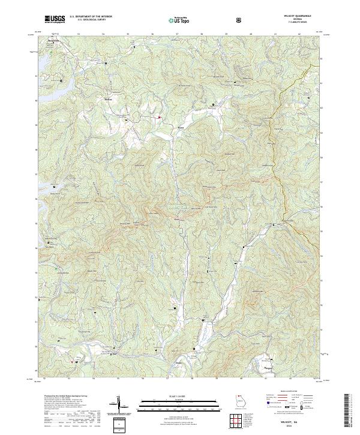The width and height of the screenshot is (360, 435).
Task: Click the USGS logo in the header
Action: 54,19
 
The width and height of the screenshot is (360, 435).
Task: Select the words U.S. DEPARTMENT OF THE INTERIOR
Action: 91,17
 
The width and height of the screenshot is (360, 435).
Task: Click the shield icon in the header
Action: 241,20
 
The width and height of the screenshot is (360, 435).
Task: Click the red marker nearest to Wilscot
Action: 159,118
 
